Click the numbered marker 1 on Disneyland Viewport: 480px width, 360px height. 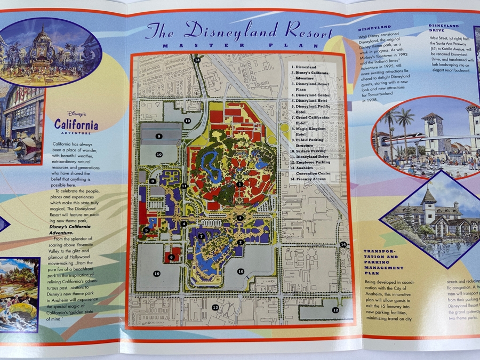click(x=240, y=184)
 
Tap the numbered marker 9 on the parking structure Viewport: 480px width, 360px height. click(x=159, y=137)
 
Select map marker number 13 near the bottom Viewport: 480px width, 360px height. click(x=215, y=307)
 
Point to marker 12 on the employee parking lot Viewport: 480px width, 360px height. click(x=335, y=310)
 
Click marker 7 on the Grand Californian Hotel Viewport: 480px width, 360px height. click(x=201, y=236)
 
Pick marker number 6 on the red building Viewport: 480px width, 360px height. click(x=171, y=257)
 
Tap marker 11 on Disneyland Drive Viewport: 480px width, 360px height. click(x=184, y=186)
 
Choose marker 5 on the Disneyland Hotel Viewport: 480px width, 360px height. click(x=146, y=230)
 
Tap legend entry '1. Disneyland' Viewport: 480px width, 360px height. click(x=304, y=67)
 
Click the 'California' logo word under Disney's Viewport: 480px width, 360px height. click(x=76, y=125)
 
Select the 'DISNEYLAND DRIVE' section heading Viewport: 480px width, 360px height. click(x=444, y=28)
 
